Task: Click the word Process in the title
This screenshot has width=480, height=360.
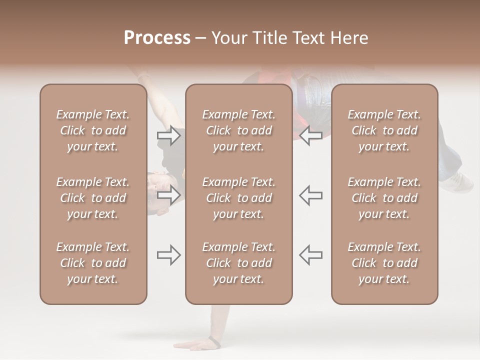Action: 157,38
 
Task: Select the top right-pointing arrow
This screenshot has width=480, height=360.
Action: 168,135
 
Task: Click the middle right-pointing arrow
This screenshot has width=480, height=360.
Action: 168,195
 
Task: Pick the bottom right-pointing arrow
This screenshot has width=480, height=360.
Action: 168,255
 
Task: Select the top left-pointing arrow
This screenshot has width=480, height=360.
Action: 311,135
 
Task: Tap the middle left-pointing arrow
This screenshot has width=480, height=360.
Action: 311,195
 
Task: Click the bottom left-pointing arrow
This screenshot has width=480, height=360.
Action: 311,255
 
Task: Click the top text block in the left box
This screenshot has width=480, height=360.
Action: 93,130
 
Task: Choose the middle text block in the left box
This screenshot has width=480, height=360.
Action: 93,198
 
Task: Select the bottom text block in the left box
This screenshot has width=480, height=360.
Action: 93,263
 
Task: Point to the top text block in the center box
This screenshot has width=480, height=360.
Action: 238,130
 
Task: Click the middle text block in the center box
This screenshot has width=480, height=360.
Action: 238,198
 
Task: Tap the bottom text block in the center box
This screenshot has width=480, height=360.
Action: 238,263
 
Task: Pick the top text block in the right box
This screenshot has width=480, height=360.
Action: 384,130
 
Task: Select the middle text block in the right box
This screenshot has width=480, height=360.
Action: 384,198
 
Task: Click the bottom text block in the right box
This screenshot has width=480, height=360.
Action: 384,263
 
